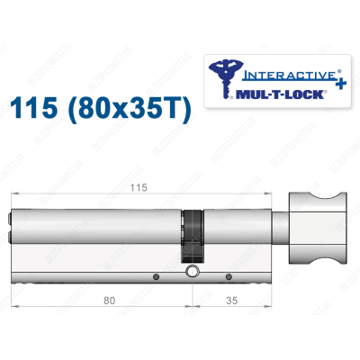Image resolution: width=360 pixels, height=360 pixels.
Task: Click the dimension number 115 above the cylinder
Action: point(139,188)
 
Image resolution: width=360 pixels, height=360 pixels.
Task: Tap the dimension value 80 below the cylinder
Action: point(109,301)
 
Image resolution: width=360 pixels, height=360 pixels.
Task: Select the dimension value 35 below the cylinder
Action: point(231,301)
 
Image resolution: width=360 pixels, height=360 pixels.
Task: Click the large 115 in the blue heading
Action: point(34,108)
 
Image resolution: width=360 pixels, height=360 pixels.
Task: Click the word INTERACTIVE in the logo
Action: point(288,75)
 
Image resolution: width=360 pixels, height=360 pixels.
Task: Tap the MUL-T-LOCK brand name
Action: point(280,94)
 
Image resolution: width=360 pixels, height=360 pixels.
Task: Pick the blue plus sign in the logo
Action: point(341,83)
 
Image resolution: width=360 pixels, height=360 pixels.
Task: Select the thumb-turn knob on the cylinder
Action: point(318,229)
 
